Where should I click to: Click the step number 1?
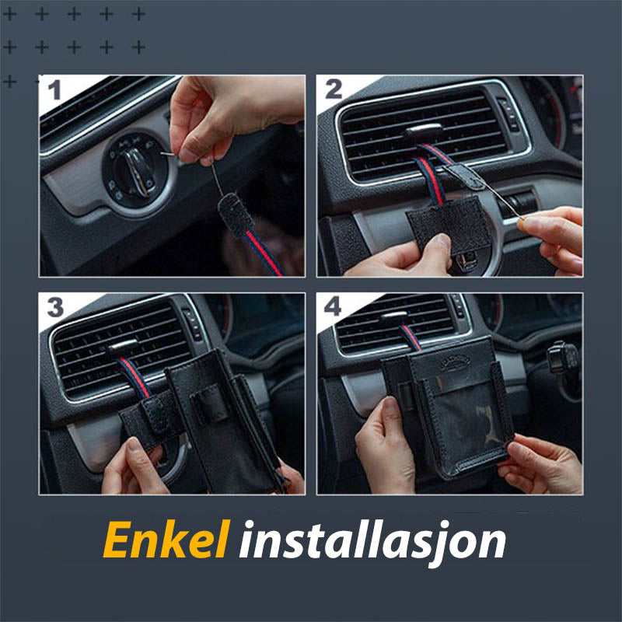(54, 89)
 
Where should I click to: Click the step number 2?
(334, 89)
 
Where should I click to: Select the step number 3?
(55, 307)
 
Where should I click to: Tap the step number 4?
(333, 306)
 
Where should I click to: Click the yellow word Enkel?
(166, 539)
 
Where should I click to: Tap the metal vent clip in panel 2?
(423, 131)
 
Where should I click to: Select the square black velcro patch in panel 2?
(449, 223)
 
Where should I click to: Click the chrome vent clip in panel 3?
(122, 345)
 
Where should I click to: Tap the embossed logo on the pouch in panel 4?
(455, 362)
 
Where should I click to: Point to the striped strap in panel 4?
(411, 337)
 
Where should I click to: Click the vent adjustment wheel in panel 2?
(508, 114)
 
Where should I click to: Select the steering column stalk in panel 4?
(563, 358)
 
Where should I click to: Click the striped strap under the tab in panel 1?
(263, 253)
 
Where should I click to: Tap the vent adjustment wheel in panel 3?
(193, 323)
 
